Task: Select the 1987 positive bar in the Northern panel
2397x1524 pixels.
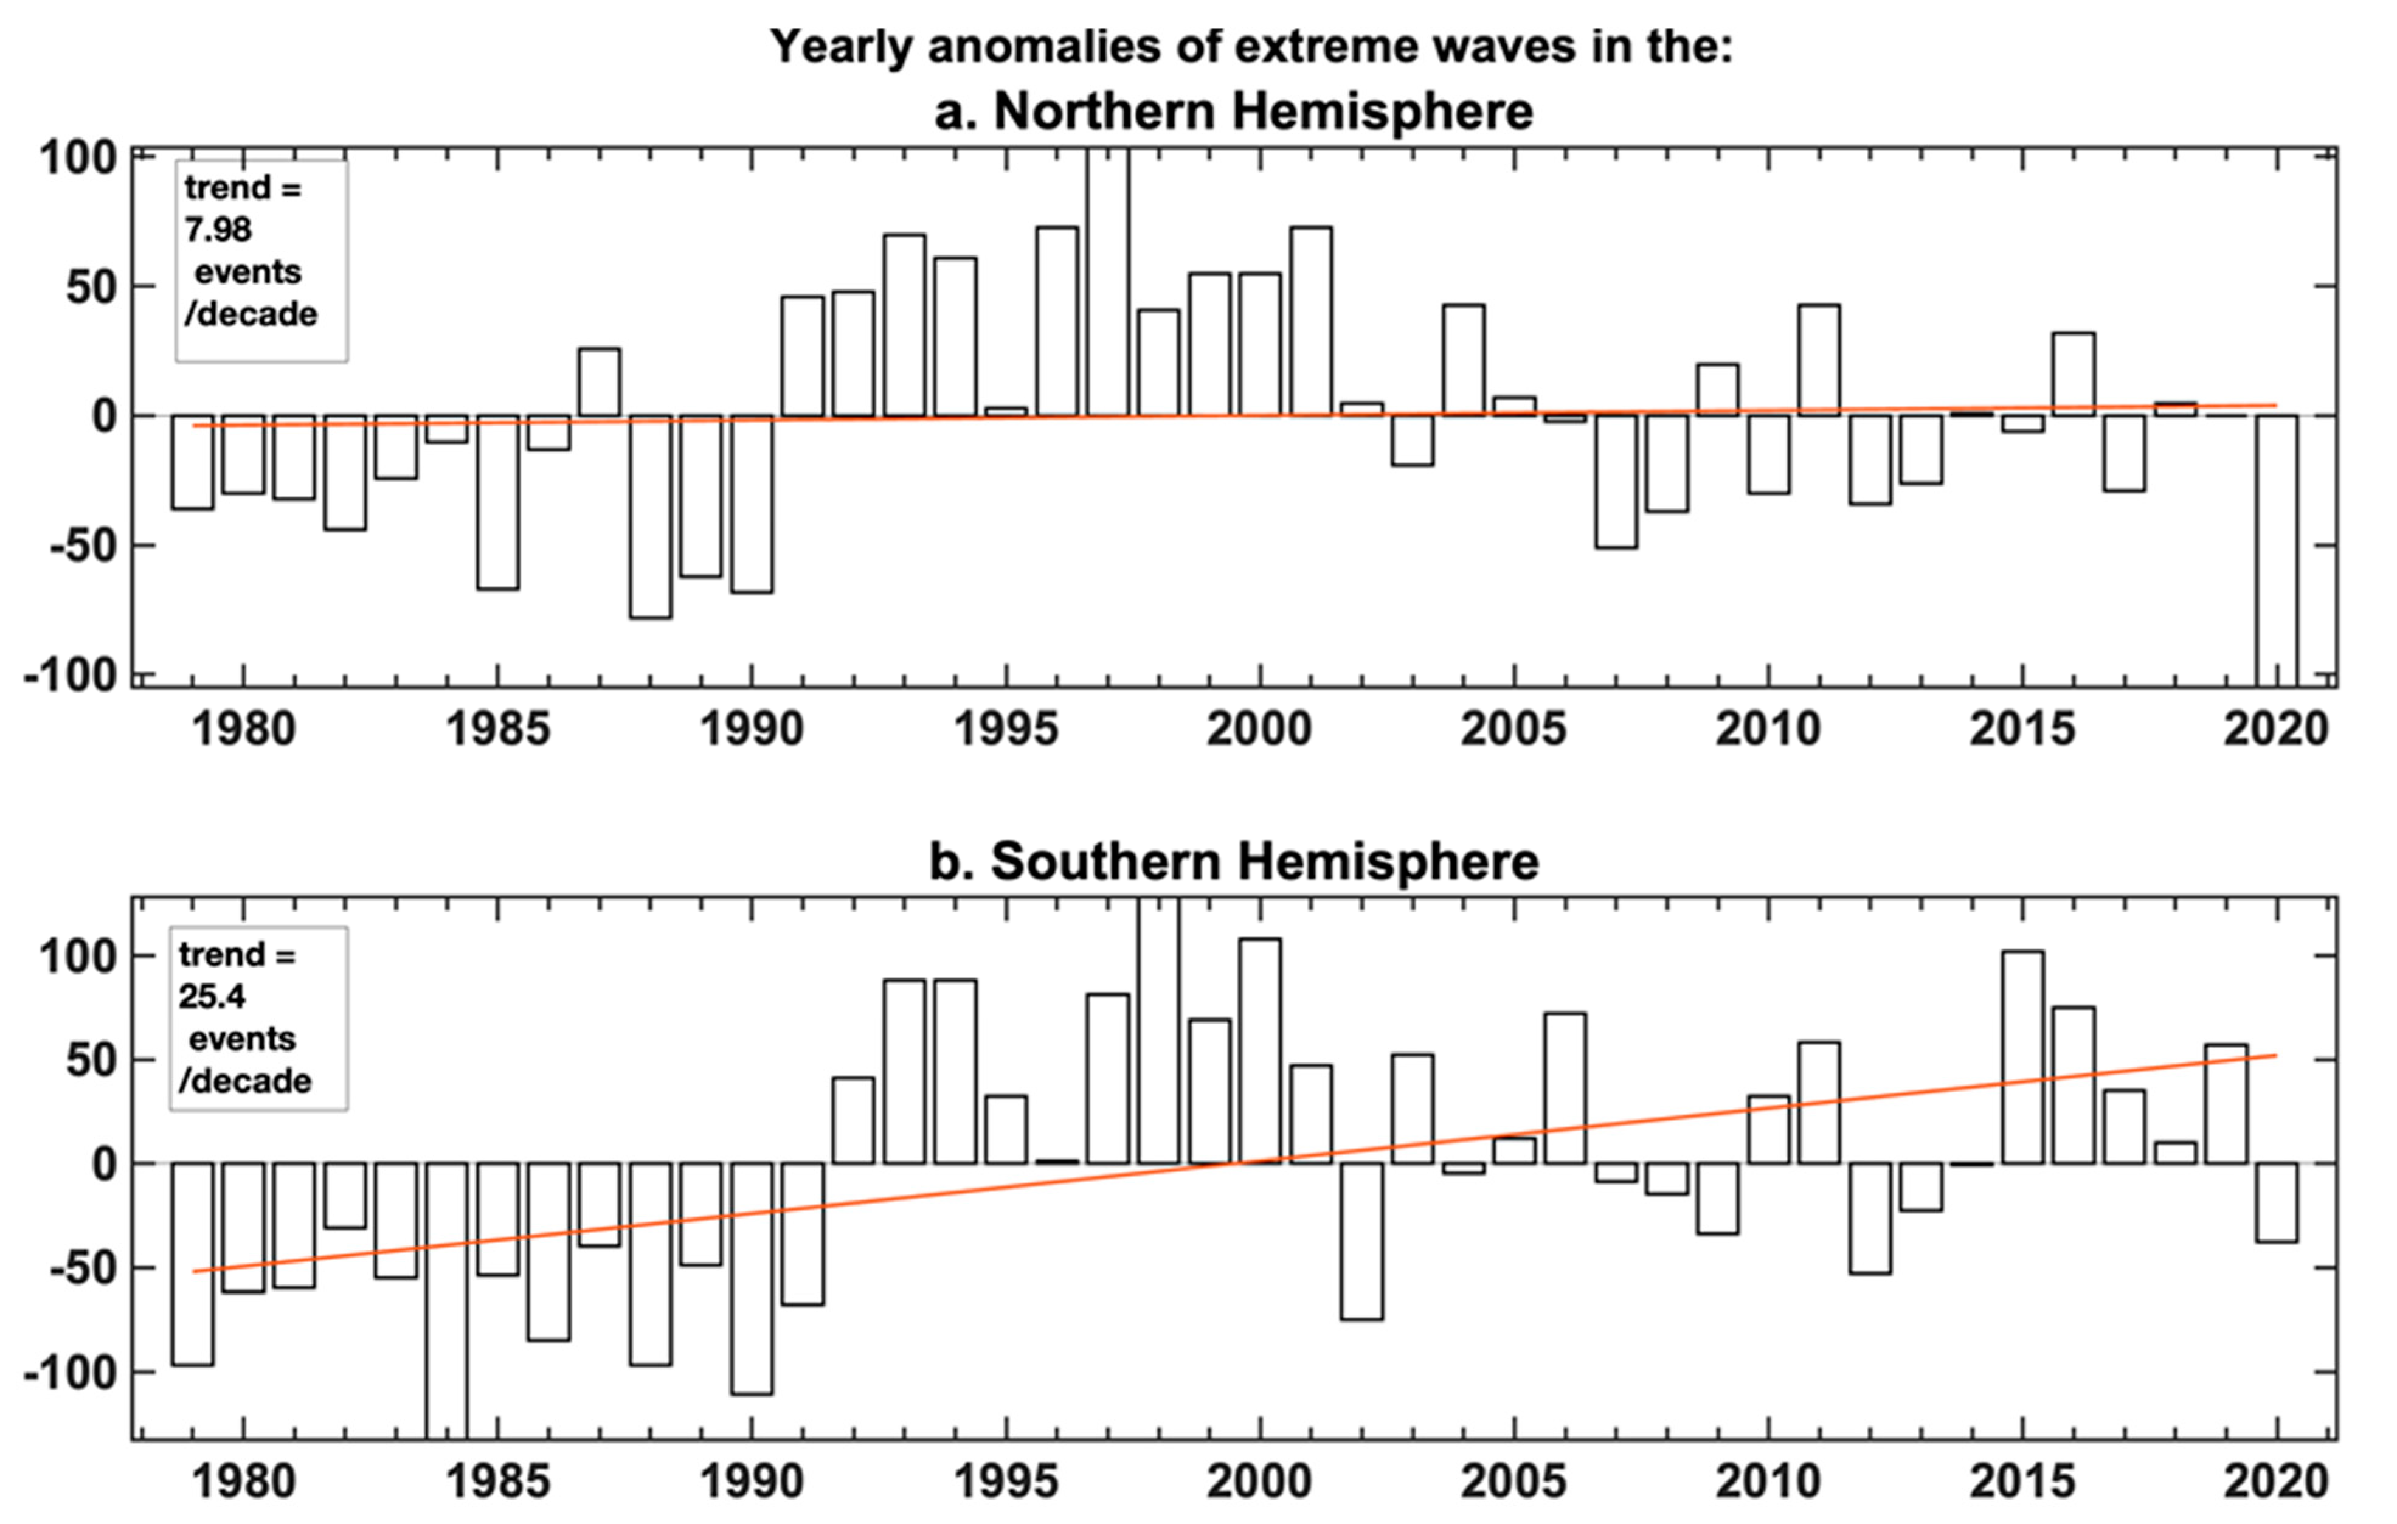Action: [600, 383]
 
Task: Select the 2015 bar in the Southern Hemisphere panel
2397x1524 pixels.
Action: [2022, 1057]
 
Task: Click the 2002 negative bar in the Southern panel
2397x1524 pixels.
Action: [1361, 1241]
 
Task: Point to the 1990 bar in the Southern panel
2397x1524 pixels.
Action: [752, 1278]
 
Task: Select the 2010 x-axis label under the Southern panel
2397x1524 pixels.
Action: [1767, 1482]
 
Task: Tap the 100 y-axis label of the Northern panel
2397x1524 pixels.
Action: [78, 158]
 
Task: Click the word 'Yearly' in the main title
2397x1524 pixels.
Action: [839, 47]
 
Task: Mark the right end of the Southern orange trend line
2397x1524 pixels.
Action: [2275, 1055]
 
